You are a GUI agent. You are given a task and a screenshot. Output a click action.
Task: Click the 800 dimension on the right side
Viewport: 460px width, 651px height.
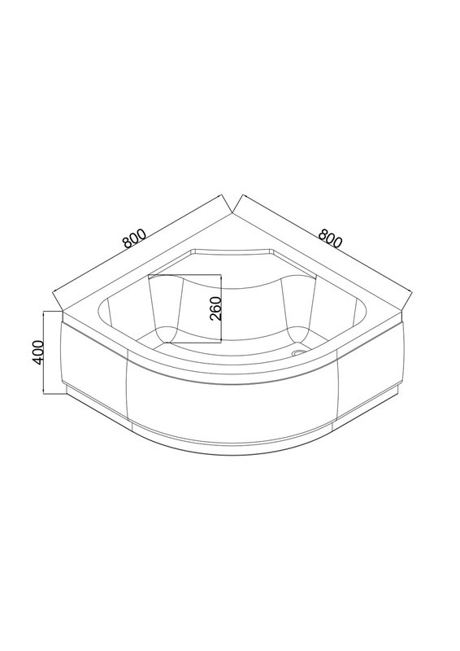330,238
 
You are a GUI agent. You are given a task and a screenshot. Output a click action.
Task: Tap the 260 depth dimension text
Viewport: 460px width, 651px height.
215,308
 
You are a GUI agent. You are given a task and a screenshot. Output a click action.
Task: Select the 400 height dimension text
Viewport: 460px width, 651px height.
37,352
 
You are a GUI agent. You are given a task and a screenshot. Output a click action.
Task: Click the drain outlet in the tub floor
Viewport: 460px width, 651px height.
298,353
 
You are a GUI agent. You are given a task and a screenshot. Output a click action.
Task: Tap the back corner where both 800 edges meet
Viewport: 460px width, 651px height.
232,212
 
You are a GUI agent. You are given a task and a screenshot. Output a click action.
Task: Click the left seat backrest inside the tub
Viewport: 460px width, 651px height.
167,308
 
